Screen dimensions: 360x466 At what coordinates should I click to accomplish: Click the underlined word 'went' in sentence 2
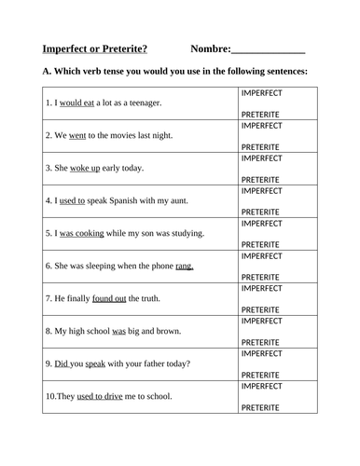(77, 135)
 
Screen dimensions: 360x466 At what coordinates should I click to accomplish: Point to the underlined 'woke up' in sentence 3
(85, 168)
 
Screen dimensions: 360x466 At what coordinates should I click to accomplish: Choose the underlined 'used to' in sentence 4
(72, 200)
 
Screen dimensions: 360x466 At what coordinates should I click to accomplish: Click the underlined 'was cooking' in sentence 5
(83, 233)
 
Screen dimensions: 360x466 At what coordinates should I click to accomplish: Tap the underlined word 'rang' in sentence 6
(184, 266)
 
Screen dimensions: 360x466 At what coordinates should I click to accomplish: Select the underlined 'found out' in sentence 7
(109, 298)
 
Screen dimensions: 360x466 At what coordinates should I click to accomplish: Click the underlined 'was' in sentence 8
(118, 331)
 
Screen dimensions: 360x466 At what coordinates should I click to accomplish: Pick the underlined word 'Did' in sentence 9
(62, 363)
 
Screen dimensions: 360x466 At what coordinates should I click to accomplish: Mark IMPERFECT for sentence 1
(261, 93)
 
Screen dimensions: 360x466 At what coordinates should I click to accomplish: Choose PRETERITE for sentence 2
(260, 146)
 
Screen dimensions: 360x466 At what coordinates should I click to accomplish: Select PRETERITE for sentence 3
(260, 179)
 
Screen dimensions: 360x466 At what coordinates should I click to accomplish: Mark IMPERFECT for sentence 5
(261, 224)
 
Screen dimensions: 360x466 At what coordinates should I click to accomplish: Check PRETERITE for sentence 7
(260, 309)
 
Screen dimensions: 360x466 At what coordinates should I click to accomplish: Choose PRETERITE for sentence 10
(260, 407)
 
